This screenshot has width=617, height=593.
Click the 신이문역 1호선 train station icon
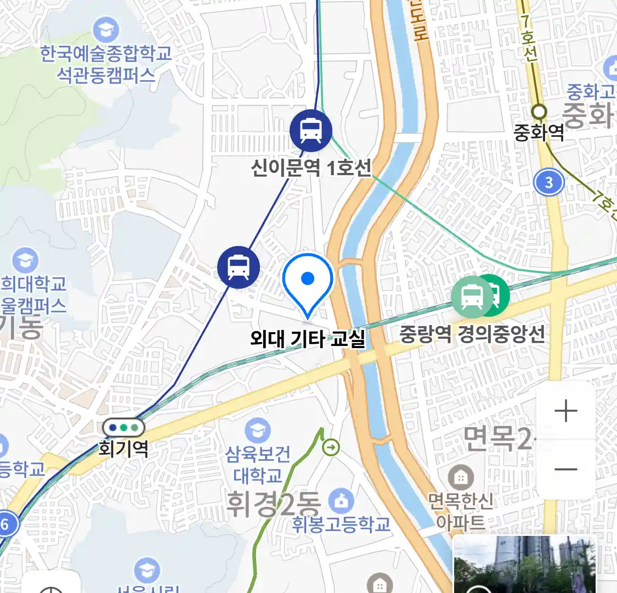(311, 131)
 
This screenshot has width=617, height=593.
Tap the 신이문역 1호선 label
(312, 167)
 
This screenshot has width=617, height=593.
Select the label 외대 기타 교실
(308, 338)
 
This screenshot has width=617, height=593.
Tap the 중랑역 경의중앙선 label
(472, 333)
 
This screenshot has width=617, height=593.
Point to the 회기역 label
(123, 449)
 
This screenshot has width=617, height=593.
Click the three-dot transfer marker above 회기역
(123, 427)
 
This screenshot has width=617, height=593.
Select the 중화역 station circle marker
(540, 111)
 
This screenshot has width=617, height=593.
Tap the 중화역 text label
(539, 132)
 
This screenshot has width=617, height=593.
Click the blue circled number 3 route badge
(549, 182)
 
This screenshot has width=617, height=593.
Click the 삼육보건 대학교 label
(258, 465)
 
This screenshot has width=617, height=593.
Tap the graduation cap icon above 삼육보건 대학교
(258, 431)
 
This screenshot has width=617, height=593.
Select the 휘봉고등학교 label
(341, 524)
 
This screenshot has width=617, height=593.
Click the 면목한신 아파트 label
(461, 511)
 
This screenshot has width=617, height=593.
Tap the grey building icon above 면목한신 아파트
(461, 478)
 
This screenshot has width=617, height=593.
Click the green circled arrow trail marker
(331, 448)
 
